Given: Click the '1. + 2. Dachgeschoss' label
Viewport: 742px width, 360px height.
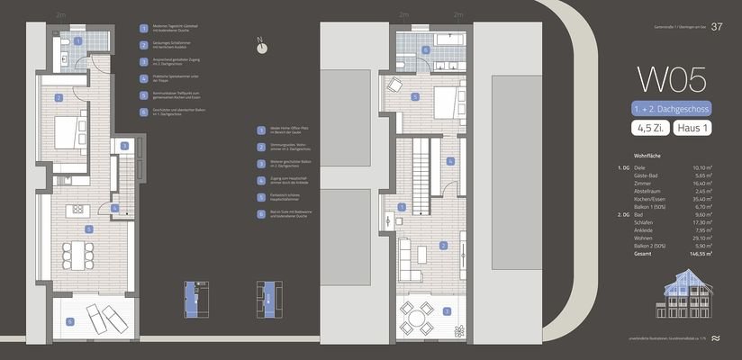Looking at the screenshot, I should pos(671,108).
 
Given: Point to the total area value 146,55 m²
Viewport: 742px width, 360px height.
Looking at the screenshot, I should pos(697,255).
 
